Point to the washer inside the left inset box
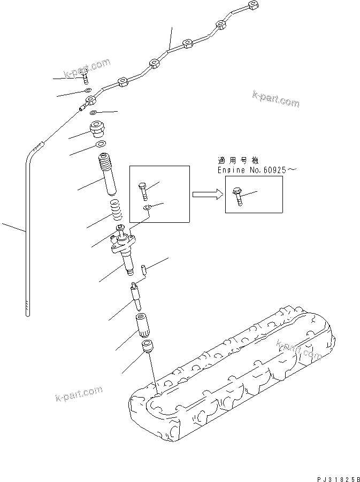click(148, 206)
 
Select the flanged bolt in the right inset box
click(238, 196)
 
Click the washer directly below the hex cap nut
click(99, 144)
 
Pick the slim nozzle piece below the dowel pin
click(135, 297)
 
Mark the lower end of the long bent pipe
click(27, 310)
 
